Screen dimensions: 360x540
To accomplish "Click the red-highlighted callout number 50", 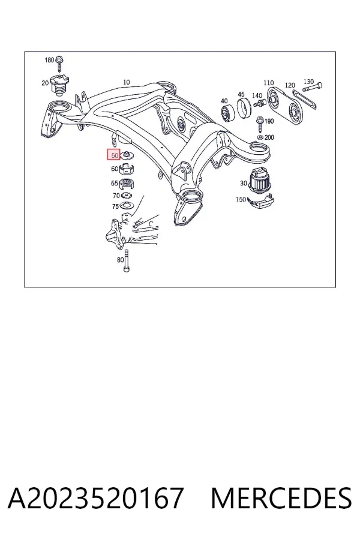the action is (x=114, y=155).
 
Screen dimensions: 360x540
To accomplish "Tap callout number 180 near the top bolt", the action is (x=49, y=60).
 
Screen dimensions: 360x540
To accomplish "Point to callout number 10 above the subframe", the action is (x=127, y=82).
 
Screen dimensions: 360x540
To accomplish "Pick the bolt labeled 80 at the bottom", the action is (x=127, y=261).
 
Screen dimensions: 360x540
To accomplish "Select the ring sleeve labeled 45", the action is (x=245, y=107).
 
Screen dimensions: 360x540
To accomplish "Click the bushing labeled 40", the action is (x=227, y=114).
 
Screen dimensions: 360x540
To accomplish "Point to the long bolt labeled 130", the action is (x=313, y=87).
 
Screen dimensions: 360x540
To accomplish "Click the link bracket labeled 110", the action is (x=284, y=107).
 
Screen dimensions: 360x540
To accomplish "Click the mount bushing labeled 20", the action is (x=59, y=85).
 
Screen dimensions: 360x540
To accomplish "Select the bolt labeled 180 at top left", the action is (x=60, y=62).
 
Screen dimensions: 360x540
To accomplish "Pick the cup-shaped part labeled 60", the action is (x=127, y=169).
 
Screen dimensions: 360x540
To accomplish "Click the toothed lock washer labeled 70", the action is (x=127, y=196).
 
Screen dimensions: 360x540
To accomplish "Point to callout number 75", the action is (x=115, y=206).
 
